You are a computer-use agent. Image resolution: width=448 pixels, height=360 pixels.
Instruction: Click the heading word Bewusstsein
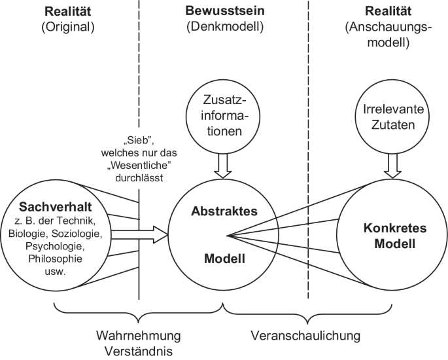pos(224,12)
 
